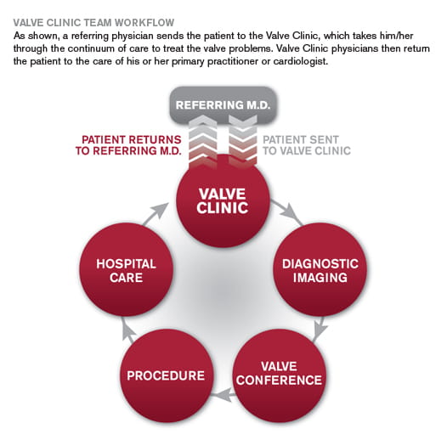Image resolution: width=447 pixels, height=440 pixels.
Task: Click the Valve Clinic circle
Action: pos(223,201)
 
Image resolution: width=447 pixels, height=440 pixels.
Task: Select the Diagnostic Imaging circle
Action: pos(320,269)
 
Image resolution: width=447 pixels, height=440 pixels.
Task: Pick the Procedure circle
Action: pos(167,375)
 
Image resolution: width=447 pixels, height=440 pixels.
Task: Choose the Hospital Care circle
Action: pos(126,269)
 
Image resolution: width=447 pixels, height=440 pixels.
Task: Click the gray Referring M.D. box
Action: pos(223,105)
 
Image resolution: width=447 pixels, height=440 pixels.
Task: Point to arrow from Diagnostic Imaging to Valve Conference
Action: pos(320,329)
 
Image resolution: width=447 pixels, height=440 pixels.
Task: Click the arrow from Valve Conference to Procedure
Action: pos(223,395)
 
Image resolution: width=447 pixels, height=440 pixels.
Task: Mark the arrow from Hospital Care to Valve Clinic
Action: pos(156,214)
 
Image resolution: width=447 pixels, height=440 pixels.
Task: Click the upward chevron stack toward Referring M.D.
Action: pos(203,141)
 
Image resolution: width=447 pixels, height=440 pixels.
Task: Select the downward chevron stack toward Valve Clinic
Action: pos(243,141)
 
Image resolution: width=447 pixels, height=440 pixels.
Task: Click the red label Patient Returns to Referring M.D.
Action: pos(128,145)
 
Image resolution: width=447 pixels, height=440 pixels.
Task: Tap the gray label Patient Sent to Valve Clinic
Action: pos(307,145)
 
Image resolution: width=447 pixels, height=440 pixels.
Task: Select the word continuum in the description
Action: pos(92,48)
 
